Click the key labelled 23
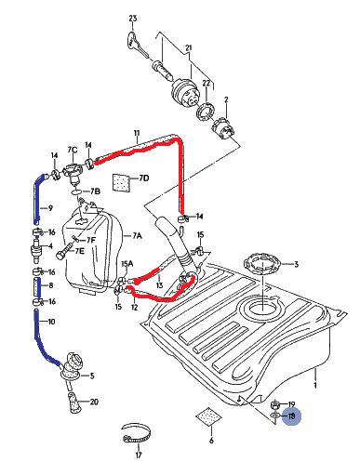tap(137, 44)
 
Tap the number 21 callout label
tap(189, 47)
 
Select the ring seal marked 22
tap(205, 112)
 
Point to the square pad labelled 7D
tap(122, 182)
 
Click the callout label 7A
tap(137, 236)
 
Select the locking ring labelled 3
tap(263, 264)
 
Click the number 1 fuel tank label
tap(315, 386)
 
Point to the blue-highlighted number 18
tap(291, 416)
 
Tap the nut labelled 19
tap(275, 404)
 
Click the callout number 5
tap(92, 376)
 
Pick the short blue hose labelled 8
tap(37, 287)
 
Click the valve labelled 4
tap(36, 248)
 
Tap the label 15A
tap(127, 264)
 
